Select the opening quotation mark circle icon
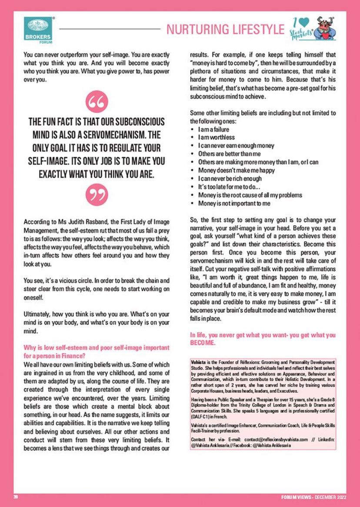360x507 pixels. pyautogui.click(x=96, y=103)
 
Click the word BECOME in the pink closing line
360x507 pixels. pyautogui.click(x=203, y=343)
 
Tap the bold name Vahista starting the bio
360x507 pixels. pyautogui.click(x=199, y=362)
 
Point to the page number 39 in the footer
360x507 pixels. pyautogui.click(x=15, y=497)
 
